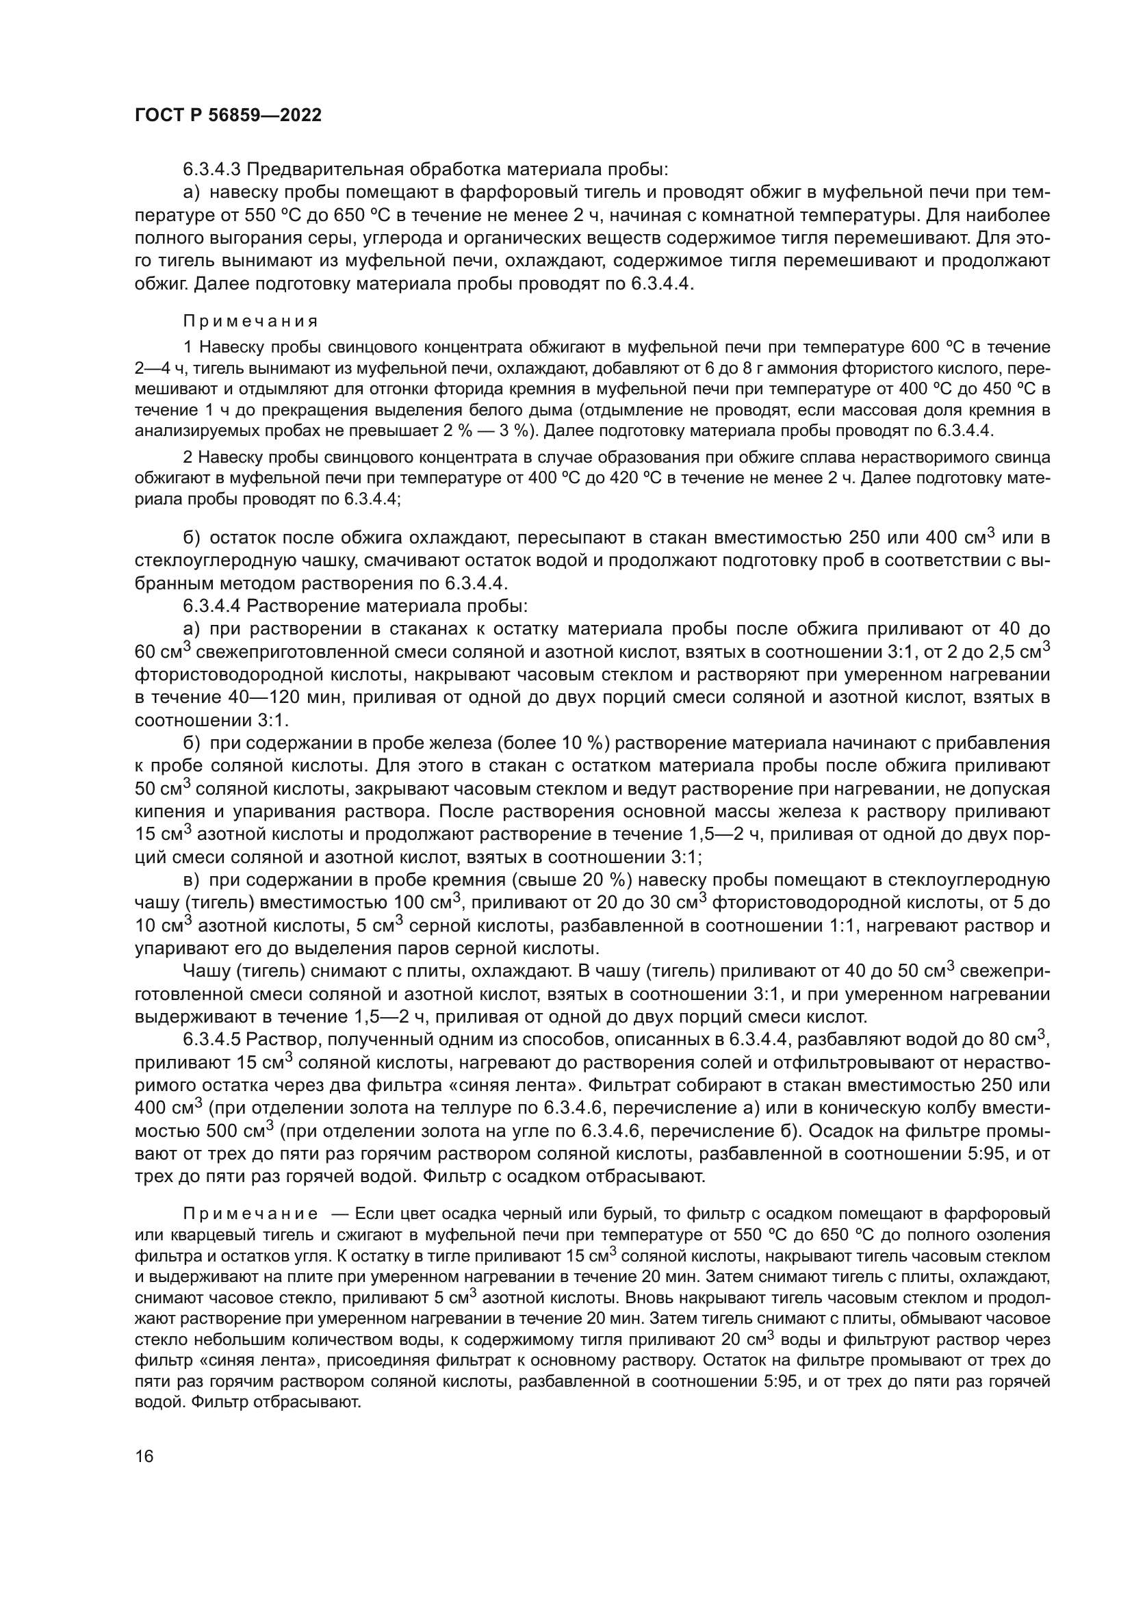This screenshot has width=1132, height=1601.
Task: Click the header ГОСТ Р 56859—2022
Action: pyautogui.click(x=228, y=116)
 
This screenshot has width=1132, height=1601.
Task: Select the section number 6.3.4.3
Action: pyautogui.click(x=212, y=170)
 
